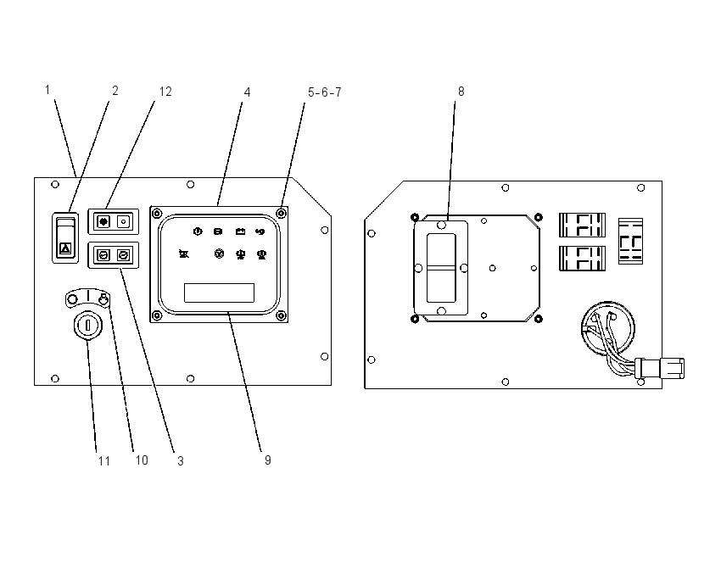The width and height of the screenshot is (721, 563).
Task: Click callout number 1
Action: [48, 90]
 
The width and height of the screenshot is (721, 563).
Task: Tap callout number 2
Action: [115, 91]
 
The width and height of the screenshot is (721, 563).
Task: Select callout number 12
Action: [165, 92]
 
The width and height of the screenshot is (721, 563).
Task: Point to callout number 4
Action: [247, 92]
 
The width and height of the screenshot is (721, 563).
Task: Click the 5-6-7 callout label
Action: [325, 92]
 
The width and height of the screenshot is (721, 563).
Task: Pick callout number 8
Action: [461, 92]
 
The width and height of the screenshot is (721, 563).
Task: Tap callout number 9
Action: [267, 460]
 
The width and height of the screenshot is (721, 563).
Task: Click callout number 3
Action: [180, 461]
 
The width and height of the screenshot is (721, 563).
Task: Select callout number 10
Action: [142, 460]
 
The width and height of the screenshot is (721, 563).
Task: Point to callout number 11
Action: [104, 461]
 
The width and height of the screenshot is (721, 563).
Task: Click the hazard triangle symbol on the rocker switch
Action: [66, 249]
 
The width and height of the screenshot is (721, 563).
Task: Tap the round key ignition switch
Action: [87, 326]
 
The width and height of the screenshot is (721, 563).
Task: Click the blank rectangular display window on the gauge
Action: [219, 293]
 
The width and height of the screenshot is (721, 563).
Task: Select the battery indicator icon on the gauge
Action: [240, 231]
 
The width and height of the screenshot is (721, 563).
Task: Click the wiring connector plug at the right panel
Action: [660, 368]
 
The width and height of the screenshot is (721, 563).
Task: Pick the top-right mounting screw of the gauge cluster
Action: [281, 214]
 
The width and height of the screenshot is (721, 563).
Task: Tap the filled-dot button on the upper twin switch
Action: [104, 221]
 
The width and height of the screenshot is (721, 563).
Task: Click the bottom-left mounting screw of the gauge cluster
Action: [157, 315]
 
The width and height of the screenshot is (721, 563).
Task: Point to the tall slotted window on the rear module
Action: [441, 268]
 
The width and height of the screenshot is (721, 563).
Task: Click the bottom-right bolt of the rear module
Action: [539, 319]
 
